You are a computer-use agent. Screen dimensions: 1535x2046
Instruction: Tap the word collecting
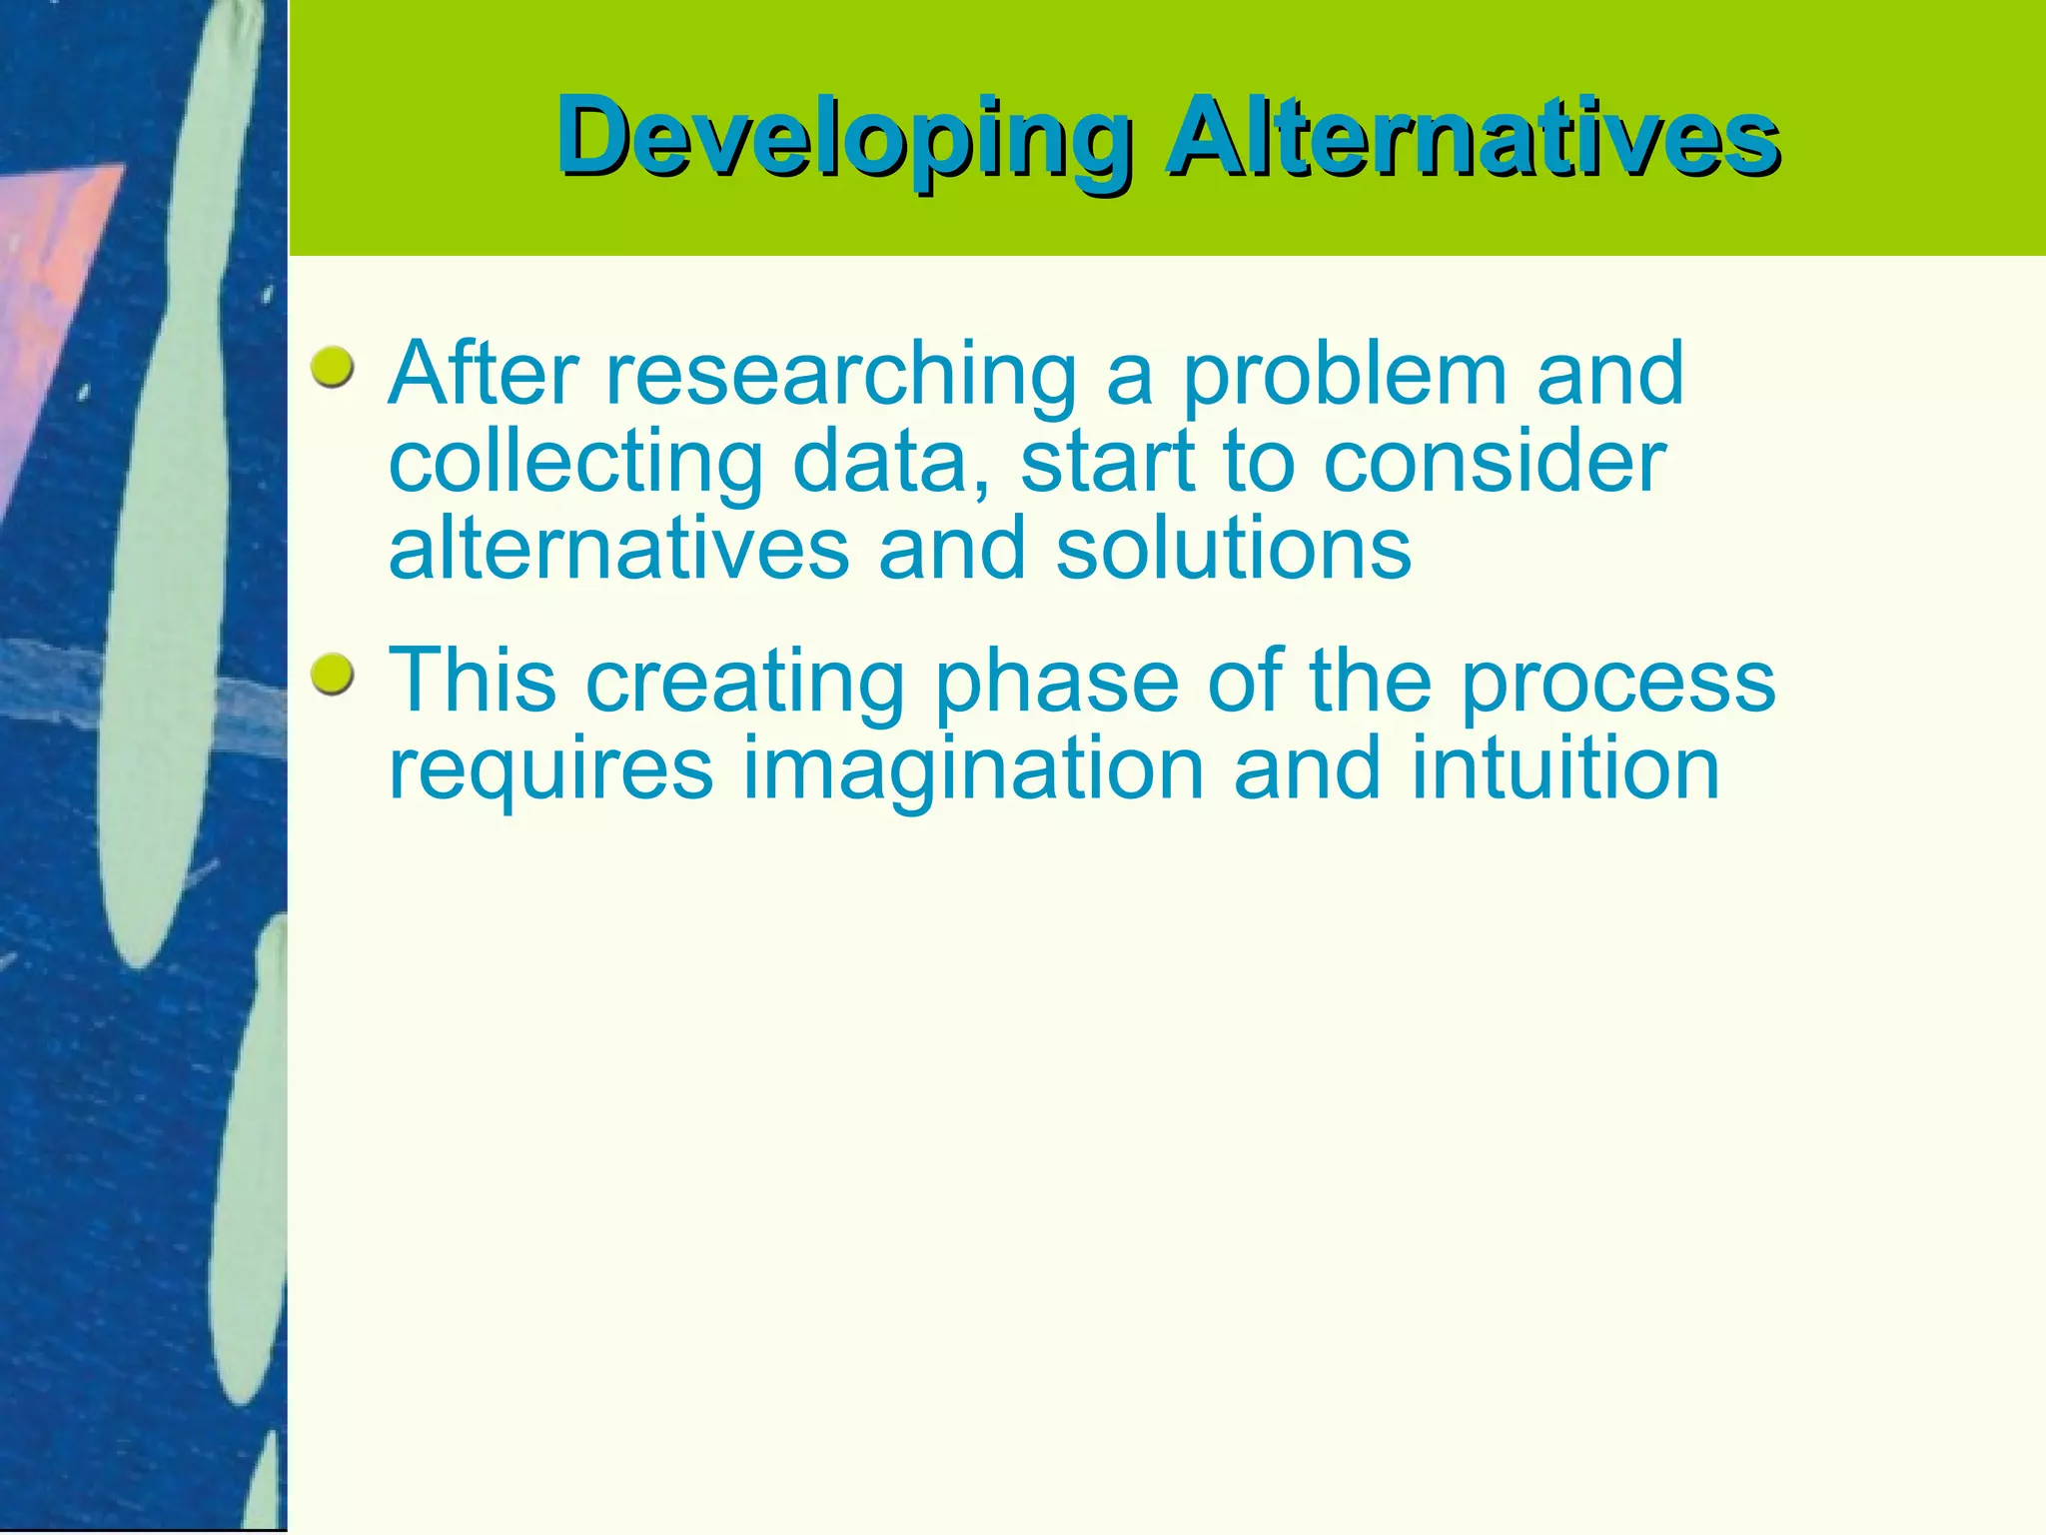575,465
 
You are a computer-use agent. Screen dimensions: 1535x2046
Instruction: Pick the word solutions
1233,550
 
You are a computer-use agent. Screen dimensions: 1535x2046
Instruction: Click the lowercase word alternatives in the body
618,550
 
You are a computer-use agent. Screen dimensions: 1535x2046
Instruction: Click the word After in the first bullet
484,375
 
